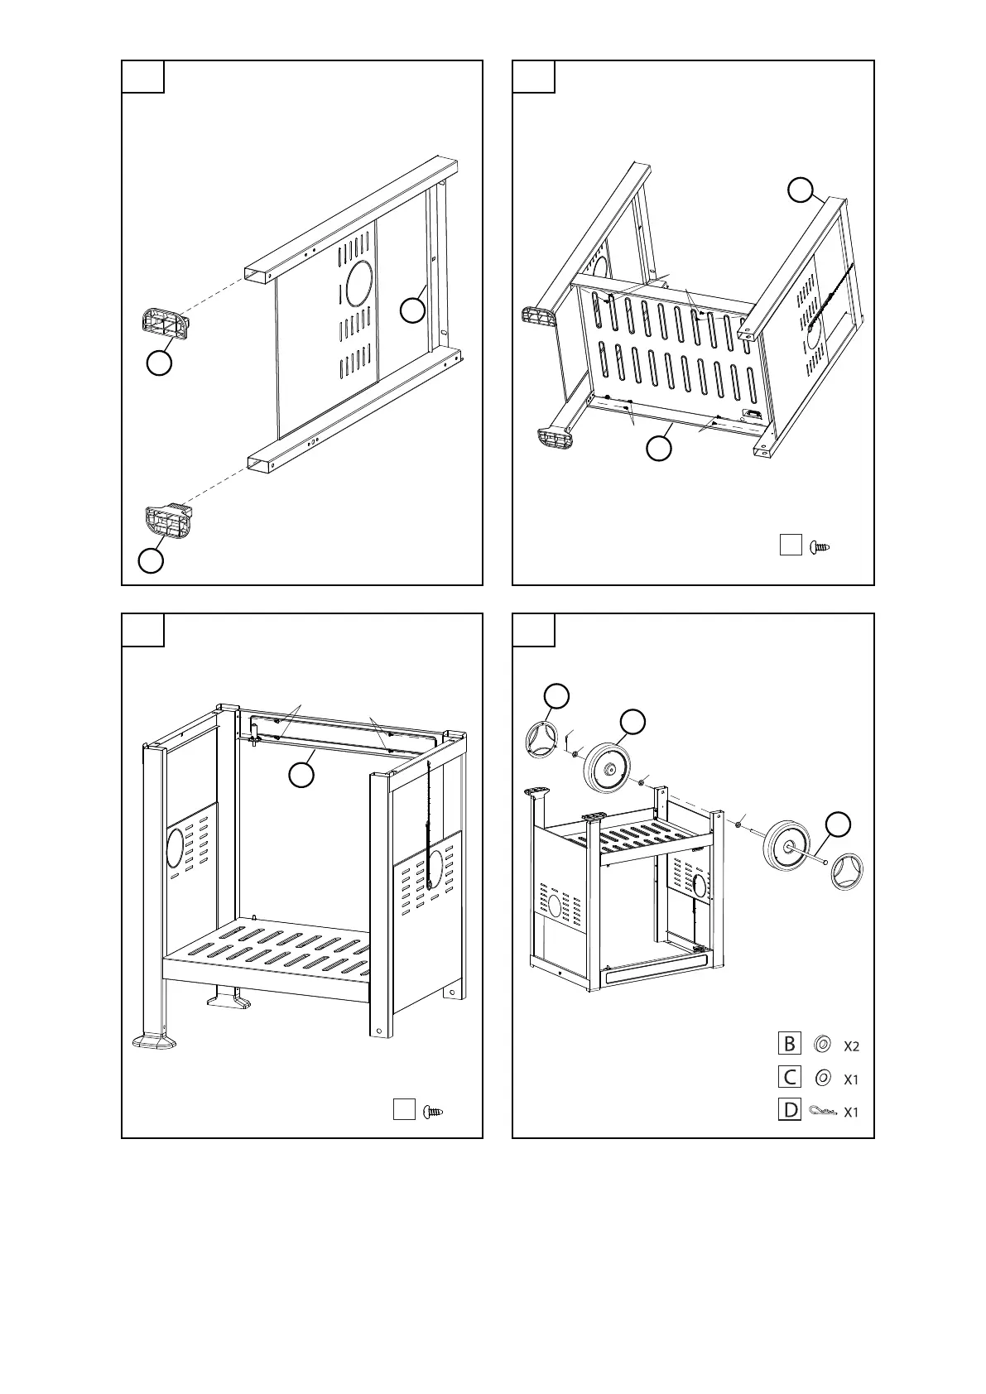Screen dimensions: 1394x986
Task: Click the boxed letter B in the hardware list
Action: click(790, 1044)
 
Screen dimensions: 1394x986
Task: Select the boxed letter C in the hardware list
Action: click(790, 1077)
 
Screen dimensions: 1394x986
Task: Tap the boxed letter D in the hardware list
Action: click(790, 1110)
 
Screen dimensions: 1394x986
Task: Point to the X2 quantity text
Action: click(851, 1046)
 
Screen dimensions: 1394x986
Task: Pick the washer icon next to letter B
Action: click(822, 1045)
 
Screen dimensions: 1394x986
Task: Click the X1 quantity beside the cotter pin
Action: click(851, 1112)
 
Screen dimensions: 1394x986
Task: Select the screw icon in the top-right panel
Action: click(820, 546)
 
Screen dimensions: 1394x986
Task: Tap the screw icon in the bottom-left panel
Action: click(434, 1111)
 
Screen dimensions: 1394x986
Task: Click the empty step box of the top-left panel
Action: click(143, 77)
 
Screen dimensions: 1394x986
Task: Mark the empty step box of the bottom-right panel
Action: click(534, 630)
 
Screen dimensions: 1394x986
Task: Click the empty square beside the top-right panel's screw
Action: click(791, 546)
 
